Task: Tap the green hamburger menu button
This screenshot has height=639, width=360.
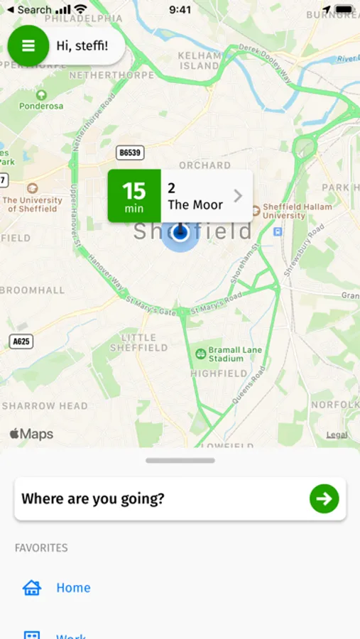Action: (x=28, y=45)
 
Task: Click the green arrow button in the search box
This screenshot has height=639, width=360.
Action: (x=324, y=498)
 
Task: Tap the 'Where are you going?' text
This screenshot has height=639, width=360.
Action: (x=93, y=498)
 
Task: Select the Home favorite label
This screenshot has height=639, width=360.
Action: (x=73, y=588)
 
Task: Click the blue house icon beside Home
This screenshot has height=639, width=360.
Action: (x=32, y=588)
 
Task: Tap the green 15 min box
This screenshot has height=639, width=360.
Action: (x=134, y=196)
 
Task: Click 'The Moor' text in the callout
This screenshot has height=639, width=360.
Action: (x=195, y=205)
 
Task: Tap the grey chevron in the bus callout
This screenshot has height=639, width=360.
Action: (x=238, y=196)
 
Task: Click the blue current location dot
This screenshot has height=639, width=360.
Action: (x=180, y=233)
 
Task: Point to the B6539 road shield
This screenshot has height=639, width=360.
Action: (x=131, y=153)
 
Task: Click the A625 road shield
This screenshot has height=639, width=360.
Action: (x=22, y=342)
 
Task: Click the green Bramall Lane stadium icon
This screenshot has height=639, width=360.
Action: (x=201, y=354)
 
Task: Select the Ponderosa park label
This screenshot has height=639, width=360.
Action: (x=41, y=106)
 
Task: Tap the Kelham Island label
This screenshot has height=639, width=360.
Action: (x=200, y=60)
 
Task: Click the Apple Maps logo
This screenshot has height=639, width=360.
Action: (x=31, y=434)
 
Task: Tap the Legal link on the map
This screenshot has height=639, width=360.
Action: (x=337, y=435)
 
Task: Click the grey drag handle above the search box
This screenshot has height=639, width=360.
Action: (x=180, y=461)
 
